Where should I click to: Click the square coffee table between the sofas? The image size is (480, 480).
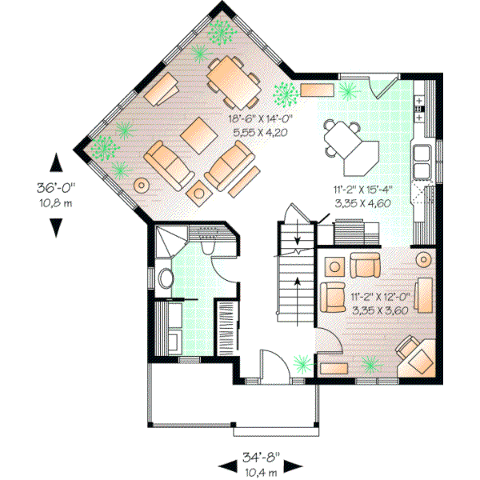pyautogui.click(x=196, y=135)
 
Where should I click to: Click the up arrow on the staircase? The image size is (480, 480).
pyautogui.click(x=298, y=282)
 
